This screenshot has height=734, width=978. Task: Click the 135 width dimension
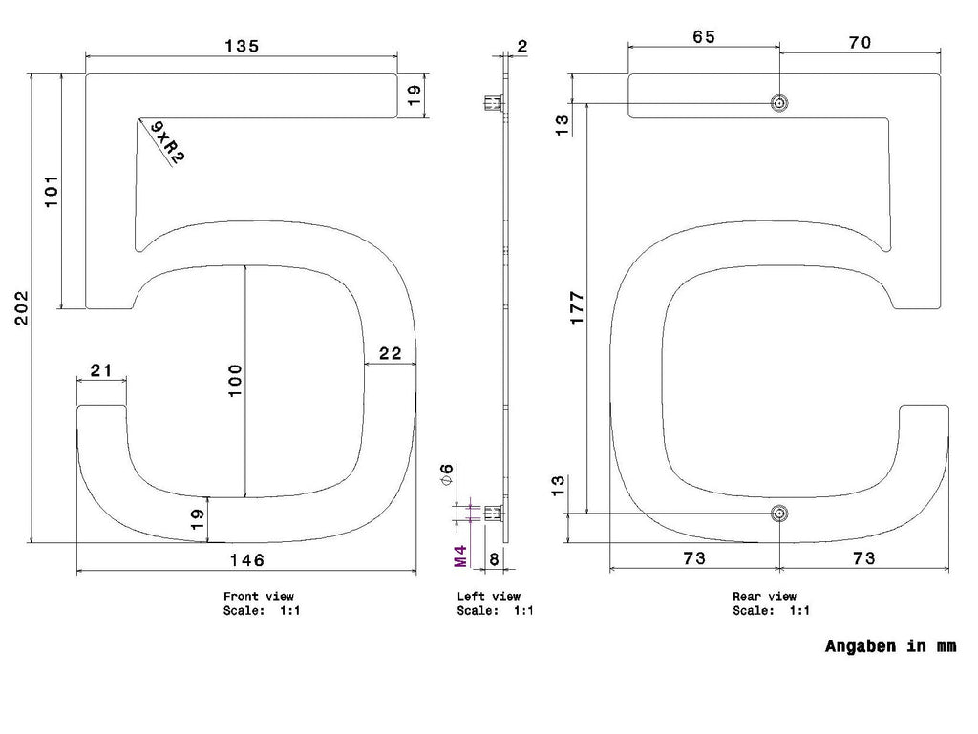(x=242, y=46)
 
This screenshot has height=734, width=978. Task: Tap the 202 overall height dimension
(x=22, y=307)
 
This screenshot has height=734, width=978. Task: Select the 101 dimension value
(x=52, y=191)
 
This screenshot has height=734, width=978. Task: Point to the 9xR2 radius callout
(x=167, y=142)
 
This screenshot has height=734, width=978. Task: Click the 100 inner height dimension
(x=235, y=381)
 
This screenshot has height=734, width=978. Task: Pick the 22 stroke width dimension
(x=391, y=353)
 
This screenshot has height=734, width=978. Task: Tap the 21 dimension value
(x=101, y=370)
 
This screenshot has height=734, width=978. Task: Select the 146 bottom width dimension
(x=247, y=559)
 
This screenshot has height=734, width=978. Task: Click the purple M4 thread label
(x=460, y=556)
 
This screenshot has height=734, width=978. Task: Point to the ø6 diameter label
(x=447, y=474)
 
